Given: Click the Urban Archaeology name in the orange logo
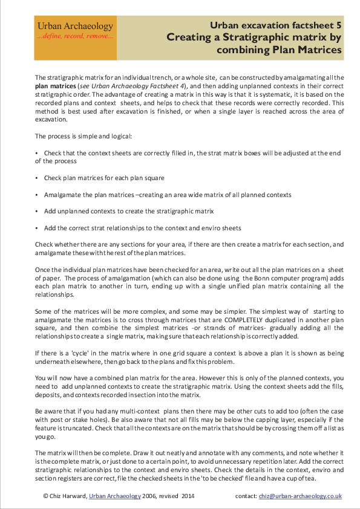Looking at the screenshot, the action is (75, 27).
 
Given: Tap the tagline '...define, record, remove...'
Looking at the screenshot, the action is (75, 37).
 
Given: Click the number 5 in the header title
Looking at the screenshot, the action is (339, 25).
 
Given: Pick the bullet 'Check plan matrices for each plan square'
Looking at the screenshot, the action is (104, 178).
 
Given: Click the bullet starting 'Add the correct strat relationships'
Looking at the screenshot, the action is (142, 228).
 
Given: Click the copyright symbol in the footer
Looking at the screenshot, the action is (46, 496).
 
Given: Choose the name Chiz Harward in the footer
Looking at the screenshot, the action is (68, 496).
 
